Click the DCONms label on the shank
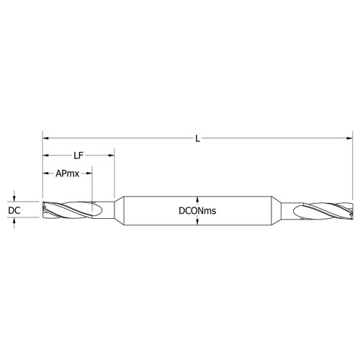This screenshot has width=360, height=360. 198,210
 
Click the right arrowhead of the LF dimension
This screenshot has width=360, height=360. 112,154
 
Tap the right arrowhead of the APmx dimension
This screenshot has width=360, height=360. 90,173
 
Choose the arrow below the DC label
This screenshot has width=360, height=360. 14,221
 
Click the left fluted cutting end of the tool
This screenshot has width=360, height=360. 68,210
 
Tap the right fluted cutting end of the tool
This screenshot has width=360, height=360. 324,210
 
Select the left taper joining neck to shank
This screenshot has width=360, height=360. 120,210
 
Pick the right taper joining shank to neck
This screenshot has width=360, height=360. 276,210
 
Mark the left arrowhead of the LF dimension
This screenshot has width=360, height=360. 45,154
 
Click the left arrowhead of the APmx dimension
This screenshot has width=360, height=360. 45,173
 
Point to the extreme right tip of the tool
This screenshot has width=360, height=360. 352,210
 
